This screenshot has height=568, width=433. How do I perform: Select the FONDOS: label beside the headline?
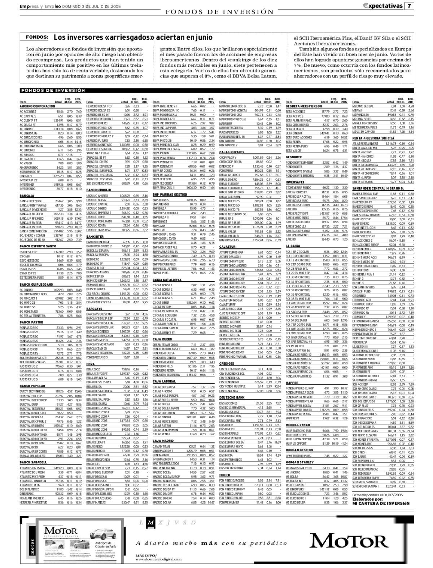37,37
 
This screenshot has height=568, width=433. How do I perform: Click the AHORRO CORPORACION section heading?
38,107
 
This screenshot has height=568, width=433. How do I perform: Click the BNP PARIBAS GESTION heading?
170,194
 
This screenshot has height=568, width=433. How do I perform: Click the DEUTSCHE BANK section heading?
232,397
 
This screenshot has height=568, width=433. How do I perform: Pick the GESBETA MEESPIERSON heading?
303,107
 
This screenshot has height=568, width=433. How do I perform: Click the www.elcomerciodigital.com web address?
158,559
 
